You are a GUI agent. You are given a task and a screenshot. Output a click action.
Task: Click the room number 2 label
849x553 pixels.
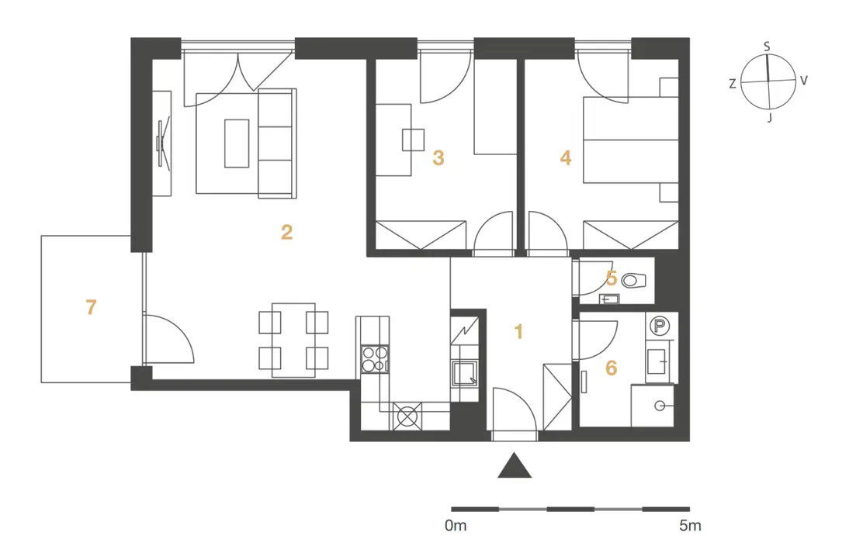tap(286, 232)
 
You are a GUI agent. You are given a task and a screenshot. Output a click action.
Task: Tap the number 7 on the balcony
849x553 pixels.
tap(91, 307)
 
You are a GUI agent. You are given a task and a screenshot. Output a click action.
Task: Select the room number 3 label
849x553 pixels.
tap(438, 158)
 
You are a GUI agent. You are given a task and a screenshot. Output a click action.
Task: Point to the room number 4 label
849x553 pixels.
tap(565, 158)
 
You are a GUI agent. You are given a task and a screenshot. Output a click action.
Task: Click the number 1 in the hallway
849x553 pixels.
tap(518, 332)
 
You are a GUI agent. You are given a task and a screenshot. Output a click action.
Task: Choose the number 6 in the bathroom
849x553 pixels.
tap(611, 368)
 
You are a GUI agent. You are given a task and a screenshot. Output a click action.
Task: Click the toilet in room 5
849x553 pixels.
tap(634, 280)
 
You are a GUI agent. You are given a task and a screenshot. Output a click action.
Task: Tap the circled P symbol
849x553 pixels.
tap(659, 326)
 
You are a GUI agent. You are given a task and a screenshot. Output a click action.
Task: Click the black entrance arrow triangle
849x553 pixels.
tap(515, 466)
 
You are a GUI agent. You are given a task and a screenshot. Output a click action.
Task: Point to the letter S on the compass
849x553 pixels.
tap(767, 47)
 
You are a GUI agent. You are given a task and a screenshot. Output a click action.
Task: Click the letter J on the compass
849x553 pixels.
tap(769, 117)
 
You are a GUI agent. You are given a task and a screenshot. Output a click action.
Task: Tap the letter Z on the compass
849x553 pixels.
tap(733, 84)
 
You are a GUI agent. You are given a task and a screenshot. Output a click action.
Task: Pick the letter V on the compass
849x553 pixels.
tap(803, 81)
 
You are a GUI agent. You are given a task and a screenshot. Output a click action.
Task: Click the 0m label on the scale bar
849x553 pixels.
tap(456, 525)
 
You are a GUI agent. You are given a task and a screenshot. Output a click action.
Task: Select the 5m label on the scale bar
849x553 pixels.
tap(691, 525)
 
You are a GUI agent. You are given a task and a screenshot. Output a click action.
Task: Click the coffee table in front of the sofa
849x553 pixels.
tap(237, 143)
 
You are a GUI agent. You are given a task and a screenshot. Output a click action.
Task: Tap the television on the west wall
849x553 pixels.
tap(163, 143)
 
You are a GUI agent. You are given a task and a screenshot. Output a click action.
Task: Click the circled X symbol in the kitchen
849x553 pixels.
tap(407, 416)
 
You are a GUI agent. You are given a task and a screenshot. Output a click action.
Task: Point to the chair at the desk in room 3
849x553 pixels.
tap(413, 140)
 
